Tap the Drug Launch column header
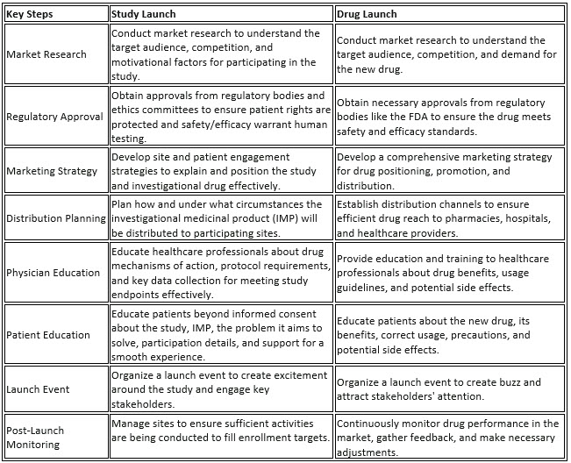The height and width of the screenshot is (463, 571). pyautogui.click(x=368, y=14)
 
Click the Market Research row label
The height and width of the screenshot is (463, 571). pyautogui.click(x=46, y=54)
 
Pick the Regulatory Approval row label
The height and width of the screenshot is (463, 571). pyautogui.click(x=54, y=116)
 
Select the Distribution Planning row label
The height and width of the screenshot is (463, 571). pyautogui.click(x=56, y=217)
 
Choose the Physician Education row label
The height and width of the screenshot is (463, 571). pyautogui.click(x=53, y=273)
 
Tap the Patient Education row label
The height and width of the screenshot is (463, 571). pyautogui.click(x=48, y=334)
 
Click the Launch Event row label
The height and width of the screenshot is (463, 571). pyautogui.click(x=38, y=388)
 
